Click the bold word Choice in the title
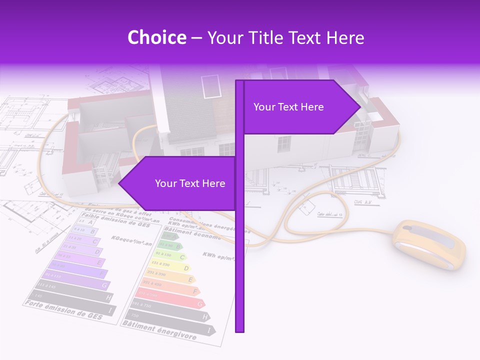click(x=156, y=38)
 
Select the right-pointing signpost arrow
click(x=300, y=107)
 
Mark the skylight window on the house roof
click(x=210, y=85)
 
